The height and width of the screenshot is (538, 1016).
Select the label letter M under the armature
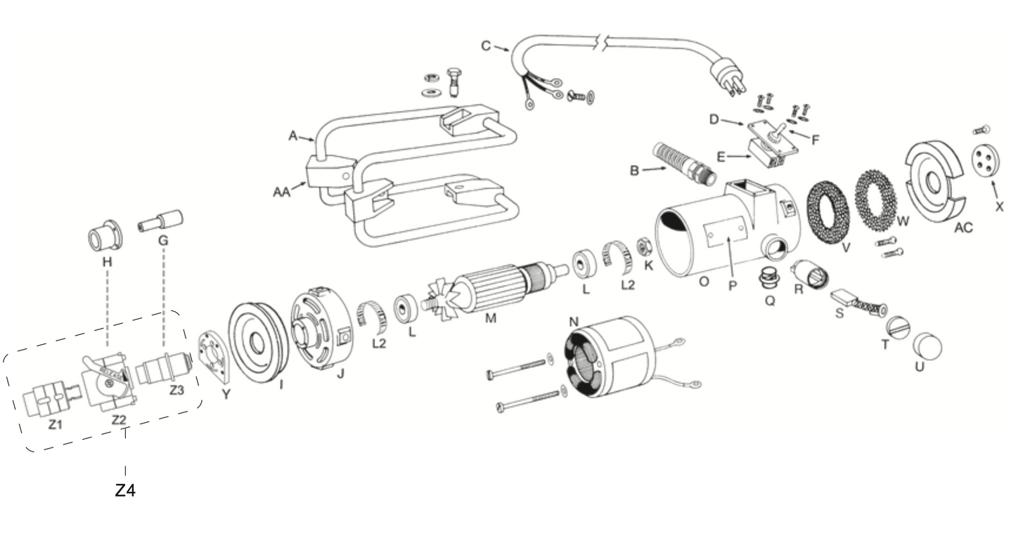(x=490, y=317)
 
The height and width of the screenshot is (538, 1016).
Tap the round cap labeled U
(x=927, y=346)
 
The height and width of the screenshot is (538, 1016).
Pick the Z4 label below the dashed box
(x=125, y=491)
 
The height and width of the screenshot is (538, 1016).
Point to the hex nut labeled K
(x=642, y=247)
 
